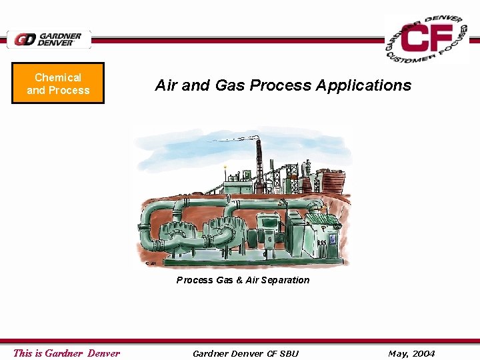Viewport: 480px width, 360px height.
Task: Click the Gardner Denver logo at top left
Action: (x=49, y=39)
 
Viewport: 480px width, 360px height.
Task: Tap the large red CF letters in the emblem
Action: (x=427, y=39)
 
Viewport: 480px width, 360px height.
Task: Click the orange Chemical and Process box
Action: (x=58, y=84)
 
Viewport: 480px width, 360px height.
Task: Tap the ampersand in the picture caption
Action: (x=239, y=280)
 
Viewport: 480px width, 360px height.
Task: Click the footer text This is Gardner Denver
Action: (x=67, y=353)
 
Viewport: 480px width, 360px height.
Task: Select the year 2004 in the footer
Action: (x=422, y=353)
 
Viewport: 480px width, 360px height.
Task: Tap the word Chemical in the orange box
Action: (x=58, y=78)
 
